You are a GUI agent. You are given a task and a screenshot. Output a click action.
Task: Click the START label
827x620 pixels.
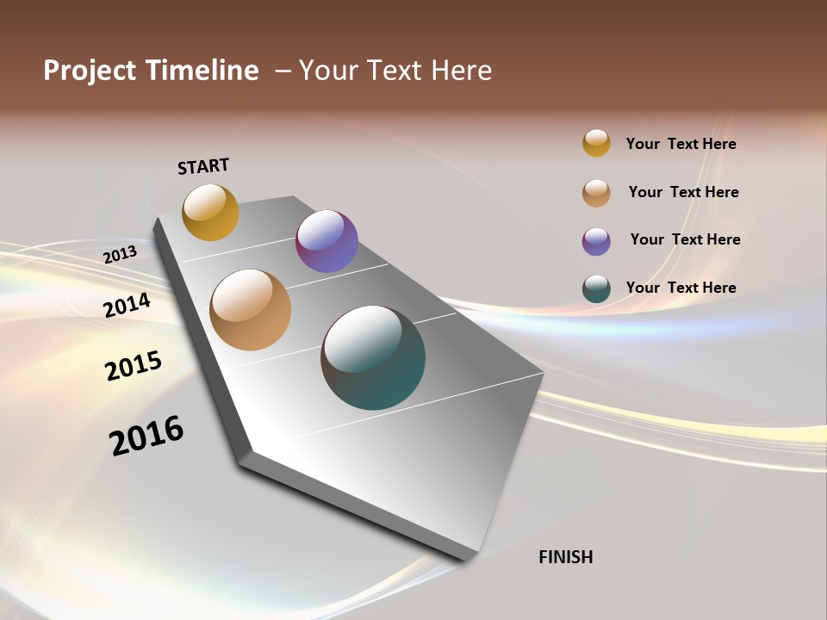tap(203, 166)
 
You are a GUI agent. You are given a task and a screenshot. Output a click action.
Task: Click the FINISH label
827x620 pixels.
tap(565, 557)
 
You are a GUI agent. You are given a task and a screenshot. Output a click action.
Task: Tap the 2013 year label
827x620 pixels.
tap(121, 254)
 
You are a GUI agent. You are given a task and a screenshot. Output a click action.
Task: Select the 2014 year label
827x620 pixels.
tap(127, 305)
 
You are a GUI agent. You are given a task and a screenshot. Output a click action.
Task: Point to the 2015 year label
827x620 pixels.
tap(134, 366)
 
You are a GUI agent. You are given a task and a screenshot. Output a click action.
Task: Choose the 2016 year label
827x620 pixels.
tap(146, 436)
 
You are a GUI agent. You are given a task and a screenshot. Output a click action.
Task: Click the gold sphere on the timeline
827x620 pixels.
tap(210, 212)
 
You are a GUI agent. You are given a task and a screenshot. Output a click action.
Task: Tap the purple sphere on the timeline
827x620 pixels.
tap(326, 241)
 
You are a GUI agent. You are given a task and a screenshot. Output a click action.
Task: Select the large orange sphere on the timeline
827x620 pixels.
tap(251, 309)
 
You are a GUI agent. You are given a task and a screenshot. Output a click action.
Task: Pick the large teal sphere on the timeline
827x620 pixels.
tap(373, 357)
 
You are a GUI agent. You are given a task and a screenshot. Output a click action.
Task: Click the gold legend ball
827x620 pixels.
tap(596, 143)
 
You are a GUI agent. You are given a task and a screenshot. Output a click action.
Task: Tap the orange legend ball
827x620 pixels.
tap(596, 193)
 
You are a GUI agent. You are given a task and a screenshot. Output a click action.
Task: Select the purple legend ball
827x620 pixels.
tap(596, 241)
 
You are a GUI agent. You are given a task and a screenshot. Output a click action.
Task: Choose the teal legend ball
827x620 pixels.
tap(596, 289)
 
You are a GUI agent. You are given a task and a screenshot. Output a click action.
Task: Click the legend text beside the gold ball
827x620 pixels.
tap(681, 144)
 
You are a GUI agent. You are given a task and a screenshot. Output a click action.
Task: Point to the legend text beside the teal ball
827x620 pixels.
tap(681, 288)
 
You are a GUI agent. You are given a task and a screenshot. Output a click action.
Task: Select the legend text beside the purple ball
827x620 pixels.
tap(685, 239)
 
